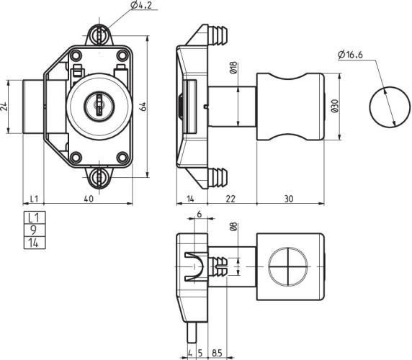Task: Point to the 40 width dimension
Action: pos(88,199)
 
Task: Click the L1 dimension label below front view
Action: pos(34,199)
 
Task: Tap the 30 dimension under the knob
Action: pos(289,199)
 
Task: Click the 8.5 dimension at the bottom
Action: pos(217,354)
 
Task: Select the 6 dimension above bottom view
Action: pos(199,215)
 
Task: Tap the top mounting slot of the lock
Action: pos(100,35)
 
